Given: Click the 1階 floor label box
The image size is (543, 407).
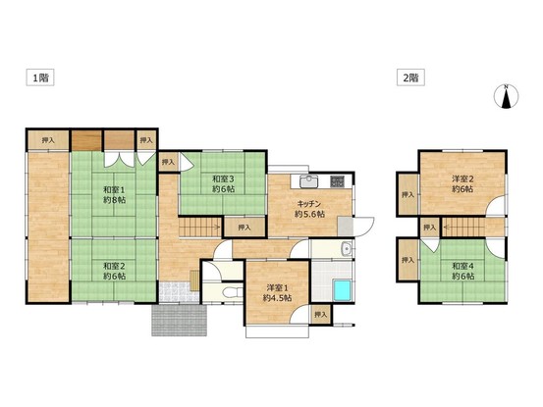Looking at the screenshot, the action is pyautogui.click(x=40, y=77).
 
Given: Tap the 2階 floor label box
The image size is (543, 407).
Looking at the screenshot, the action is pyautogui.click(x=410, y=77).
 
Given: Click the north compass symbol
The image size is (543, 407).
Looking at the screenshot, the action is pyautogui.click(x=506, y=96).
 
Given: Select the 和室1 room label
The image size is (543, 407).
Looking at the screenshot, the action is pyautogui.click(x=114, y=195).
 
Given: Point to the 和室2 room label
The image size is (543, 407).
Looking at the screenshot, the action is pyautogui.click(x=114, y=271).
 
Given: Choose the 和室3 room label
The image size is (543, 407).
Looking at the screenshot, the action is pyautogui.click(x=223, y=184).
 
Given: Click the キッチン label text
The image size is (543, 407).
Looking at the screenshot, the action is pyautogui.click(x=309, y=204).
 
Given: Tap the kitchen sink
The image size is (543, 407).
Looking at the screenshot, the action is pyautogui.click(x=309, y=181).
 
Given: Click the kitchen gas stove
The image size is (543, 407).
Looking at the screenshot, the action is pyautogui.click(x=337, y=181).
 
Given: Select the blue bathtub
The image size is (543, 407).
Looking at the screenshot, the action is pyautogui.click(x=342, y=290).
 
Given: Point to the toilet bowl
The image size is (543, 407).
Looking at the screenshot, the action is pyautogui.click(x=233, y=292).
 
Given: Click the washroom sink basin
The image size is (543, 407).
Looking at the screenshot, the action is pyautogui.click(x=347, y=249).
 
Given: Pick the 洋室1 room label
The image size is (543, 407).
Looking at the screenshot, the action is pyautogui.click(x=277, y=292).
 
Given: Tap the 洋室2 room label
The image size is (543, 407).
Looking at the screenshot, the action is pyautogui.click(x=462, y=184).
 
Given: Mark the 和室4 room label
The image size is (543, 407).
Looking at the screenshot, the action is pyautogui.click(x=463, y=271).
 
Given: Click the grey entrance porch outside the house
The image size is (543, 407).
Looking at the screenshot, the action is pyautogui.click(x=180, y=320).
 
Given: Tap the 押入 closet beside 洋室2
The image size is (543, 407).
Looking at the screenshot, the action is pyautogui.click(x=408, y=195).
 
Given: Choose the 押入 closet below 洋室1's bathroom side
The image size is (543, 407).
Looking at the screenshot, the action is pyautogui.click(x=321, y=315).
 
